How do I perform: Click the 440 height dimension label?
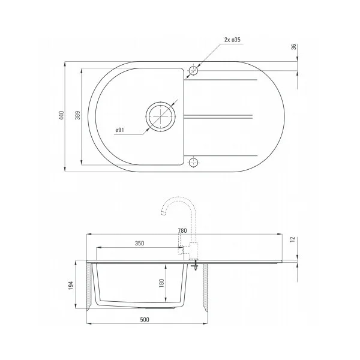(x=61, y=116)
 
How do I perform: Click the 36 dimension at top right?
(x=294, y=47)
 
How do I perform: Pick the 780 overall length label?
(x=182, y=231)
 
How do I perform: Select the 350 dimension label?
(x=139, y=244)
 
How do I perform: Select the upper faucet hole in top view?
(x=193, y=71)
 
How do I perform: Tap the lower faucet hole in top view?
(x=193, y=162)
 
